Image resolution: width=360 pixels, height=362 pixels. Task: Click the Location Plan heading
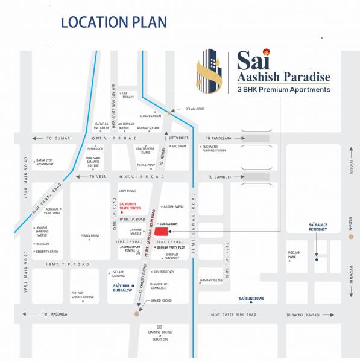113,23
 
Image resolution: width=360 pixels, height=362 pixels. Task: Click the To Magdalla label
52,314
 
